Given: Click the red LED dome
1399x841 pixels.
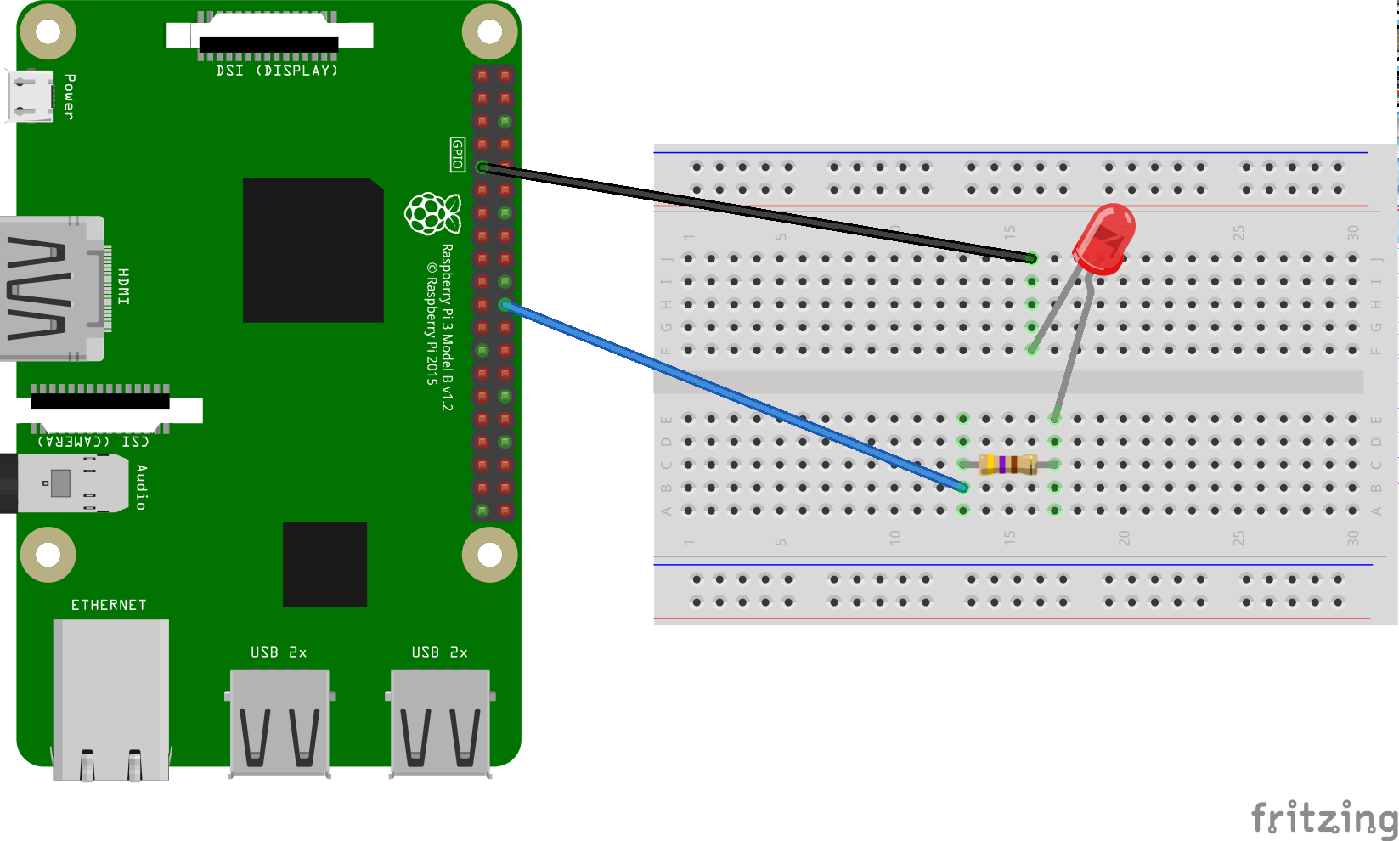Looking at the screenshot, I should coord(1104,238).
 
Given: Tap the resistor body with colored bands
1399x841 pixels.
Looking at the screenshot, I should coord(1007,464).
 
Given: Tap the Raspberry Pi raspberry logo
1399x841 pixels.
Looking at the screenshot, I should coord(432,213).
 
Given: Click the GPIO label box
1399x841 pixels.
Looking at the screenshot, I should coord(458,155).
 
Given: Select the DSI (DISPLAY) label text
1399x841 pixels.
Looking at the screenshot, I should coord(277,71).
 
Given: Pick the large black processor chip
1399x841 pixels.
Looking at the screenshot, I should coord(313,250).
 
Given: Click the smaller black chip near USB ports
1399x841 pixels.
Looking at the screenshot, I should coord(324,564).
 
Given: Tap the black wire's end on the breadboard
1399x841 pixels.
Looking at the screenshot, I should coord(1030,258).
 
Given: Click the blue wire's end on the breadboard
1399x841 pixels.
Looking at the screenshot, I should coord(962,487).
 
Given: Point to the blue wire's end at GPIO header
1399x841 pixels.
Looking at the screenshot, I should coord(505,305).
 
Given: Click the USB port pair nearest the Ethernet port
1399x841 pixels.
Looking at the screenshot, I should coord(279,722).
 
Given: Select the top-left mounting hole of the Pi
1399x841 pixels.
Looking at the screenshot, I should coord(48,32).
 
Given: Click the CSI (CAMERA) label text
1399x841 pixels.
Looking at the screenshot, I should coord(93,441).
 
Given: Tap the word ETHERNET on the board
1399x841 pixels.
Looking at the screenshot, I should coord(109,605).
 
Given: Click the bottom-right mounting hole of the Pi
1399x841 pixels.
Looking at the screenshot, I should coord(489,555).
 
